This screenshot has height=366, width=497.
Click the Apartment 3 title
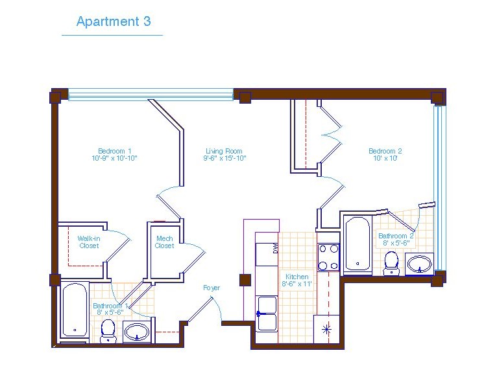pyautogui.click(x=114, y=21)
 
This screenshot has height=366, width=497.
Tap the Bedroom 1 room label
pyautogui.click(x=114, y=151)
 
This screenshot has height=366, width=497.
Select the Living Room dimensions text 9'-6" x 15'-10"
pyautogui.click(x=224, y=158)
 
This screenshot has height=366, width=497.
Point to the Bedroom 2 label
pyautogui.click(x=385, y=151)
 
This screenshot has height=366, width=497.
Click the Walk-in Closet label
pyautogui.click(x=89, y=242)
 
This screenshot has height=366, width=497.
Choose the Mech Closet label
pyautogui.click(x=165, y=242)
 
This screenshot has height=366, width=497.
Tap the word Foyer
pyautogui.click(x=212, y=288)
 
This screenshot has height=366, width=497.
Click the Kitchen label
pyautogui.click(x=297, y=277)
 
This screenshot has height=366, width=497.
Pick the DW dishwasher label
pyautogui.click(x=276, y=248)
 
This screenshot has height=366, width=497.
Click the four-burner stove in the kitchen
pyautogui.click(x=328, y=258)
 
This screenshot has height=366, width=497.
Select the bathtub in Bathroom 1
pyautogui.click(x=75, y=310)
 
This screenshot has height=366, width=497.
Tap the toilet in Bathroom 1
pyautogui.click(x=108, y=331)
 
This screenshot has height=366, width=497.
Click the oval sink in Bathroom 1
pyautogui.click(x=137, y=332)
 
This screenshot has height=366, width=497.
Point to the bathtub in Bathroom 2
pyautogui.click(x=358, y=244)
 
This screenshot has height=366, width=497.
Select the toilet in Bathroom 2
pyautogui.click(x=391, y=263)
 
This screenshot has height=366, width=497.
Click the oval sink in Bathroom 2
pyautogui.click(x=419, y=264)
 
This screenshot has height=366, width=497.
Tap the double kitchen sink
pyautogui.click(x=267, y=314)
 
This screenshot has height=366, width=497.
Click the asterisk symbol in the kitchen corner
pyautogui.click(x=326, y=330)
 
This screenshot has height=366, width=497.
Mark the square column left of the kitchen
pyautogui.click(x=245, y=280)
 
